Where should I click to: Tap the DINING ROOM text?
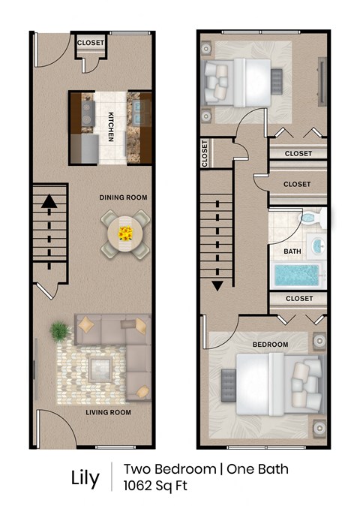(123, 197)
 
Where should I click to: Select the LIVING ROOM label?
(109, 412)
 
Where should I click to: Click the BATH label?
(292, 251)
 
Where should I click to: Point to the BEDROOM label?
(270, 345)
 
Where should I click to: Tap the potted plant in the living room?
(59, 331)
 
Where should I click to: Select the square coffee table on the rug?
(100, 368)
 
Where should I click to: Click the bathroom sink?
(316, 245)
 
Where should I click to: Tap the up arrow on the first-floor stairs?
(49, 200)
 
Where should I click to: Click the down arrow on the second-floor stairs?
(218, 285)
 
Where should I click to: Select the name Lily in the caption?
(85, 478)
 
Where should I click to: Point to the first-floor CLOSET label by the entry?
(91, 43)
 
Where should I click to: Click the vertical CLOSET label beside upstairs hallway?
(205, 154)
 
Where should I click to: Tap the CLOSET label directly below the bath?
(298, 298)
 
